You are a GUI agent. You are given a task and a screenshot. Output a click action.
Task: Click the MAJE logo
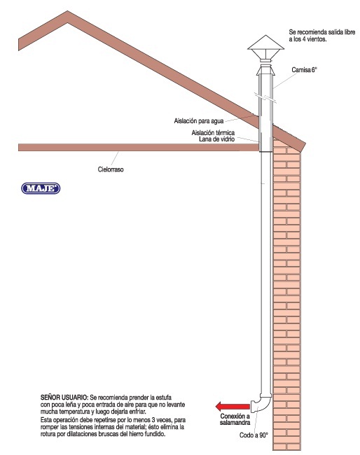coord(41,188)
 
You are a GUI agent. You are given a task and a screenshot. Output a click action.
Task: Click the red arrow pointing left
coord(233,406)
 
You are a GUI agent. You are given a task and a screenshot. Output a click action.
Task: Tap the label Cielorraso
coord(111,169)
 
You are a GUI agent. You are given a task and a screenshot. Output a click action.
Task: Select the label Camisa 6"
coord(304,69)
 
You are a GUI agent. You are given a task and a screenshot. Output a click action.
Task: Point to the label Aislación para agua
coord(199,120)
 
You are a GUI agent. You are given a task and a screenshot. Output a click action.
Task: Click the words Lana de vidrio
coord(217,139)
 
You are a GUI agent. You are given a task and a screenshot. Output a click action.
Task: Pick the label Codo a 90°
coord(254,435)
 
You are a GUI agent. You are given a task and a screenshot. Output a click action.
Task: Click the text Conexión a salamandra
coord(235,419)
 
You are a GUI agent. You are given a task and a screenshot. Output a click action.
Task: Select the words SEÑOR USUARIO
coord(64,397)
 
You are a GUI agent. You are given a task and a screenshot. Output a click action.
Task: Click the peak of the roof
coord(68,11)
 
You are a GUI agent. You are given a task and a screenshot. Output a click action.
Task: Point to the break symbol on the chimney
coord(265,97)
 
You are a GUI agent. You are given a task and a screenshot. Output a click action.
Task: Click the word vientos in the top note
coord(317,39)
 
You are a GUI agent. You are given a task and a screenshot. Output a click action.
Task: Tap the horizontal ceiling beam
coord(139,148)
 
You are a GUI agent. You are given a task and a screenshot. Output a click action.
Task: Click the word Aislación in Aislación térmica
coord(203,132)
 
